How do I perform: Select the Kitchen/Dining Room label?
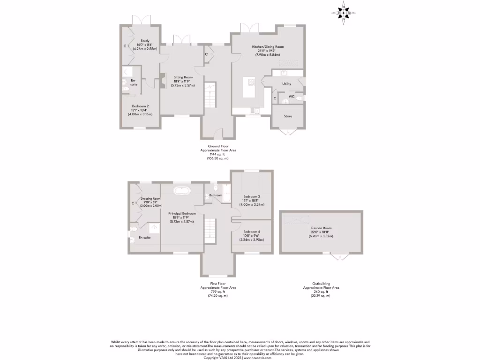[268, 47]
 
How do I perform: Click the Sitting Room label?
[183, 77]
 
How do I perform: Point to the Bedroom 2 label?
[140, 106]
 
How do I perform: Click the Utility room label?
[286, 84]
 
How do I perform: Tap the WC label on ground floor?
[291, 97]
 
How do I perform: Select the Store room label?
[287, 116]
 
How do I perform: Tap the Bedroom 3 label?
[252, 196]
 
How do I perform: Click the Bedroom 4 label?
[252, 232]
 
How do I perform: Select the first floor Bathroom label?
[216, 195]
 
